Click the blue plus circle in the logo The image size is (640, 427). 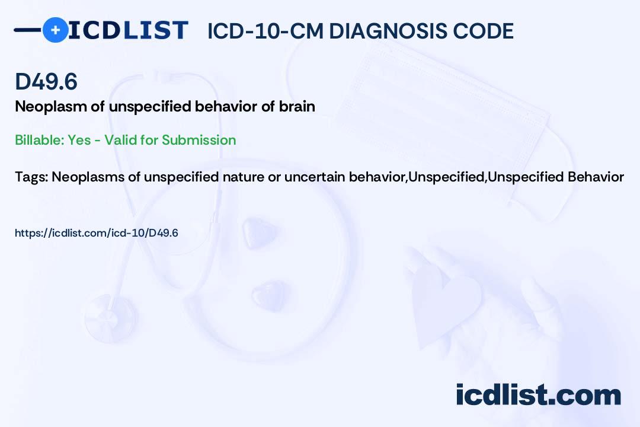pyautogui.click(x=56, y=30)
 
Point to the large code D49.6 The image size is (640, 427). pyautogui.click(x=46, y=81)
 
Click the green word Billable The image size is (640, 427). pyautogui.click(x=39, y=140)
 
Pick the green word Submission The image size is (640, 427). pyautogui.click(x=199, y=140)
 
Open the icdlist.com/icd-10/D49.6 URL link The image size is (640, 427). pyautogui.click(x=97, y=233)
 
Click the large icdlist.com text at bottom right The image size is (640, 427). pyautogui.click(x=538, y=394)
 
